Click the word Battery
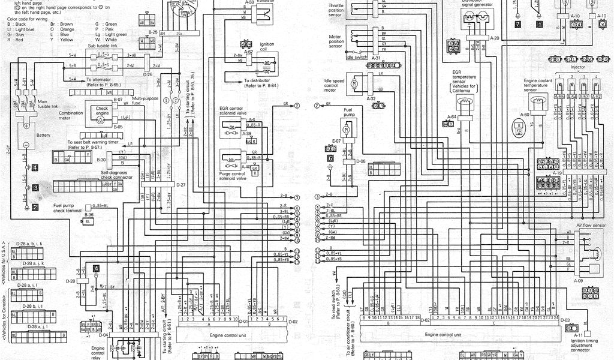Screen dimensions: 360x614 pos(43,136)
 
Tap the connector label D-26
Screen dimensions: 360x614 pos(148,75)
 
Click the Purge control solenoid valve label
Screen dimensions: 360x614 pos(234,178)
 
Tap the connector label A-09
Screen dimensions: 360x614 pos(578,280)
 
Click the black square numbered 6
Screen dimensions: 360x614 pos(330,158)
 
